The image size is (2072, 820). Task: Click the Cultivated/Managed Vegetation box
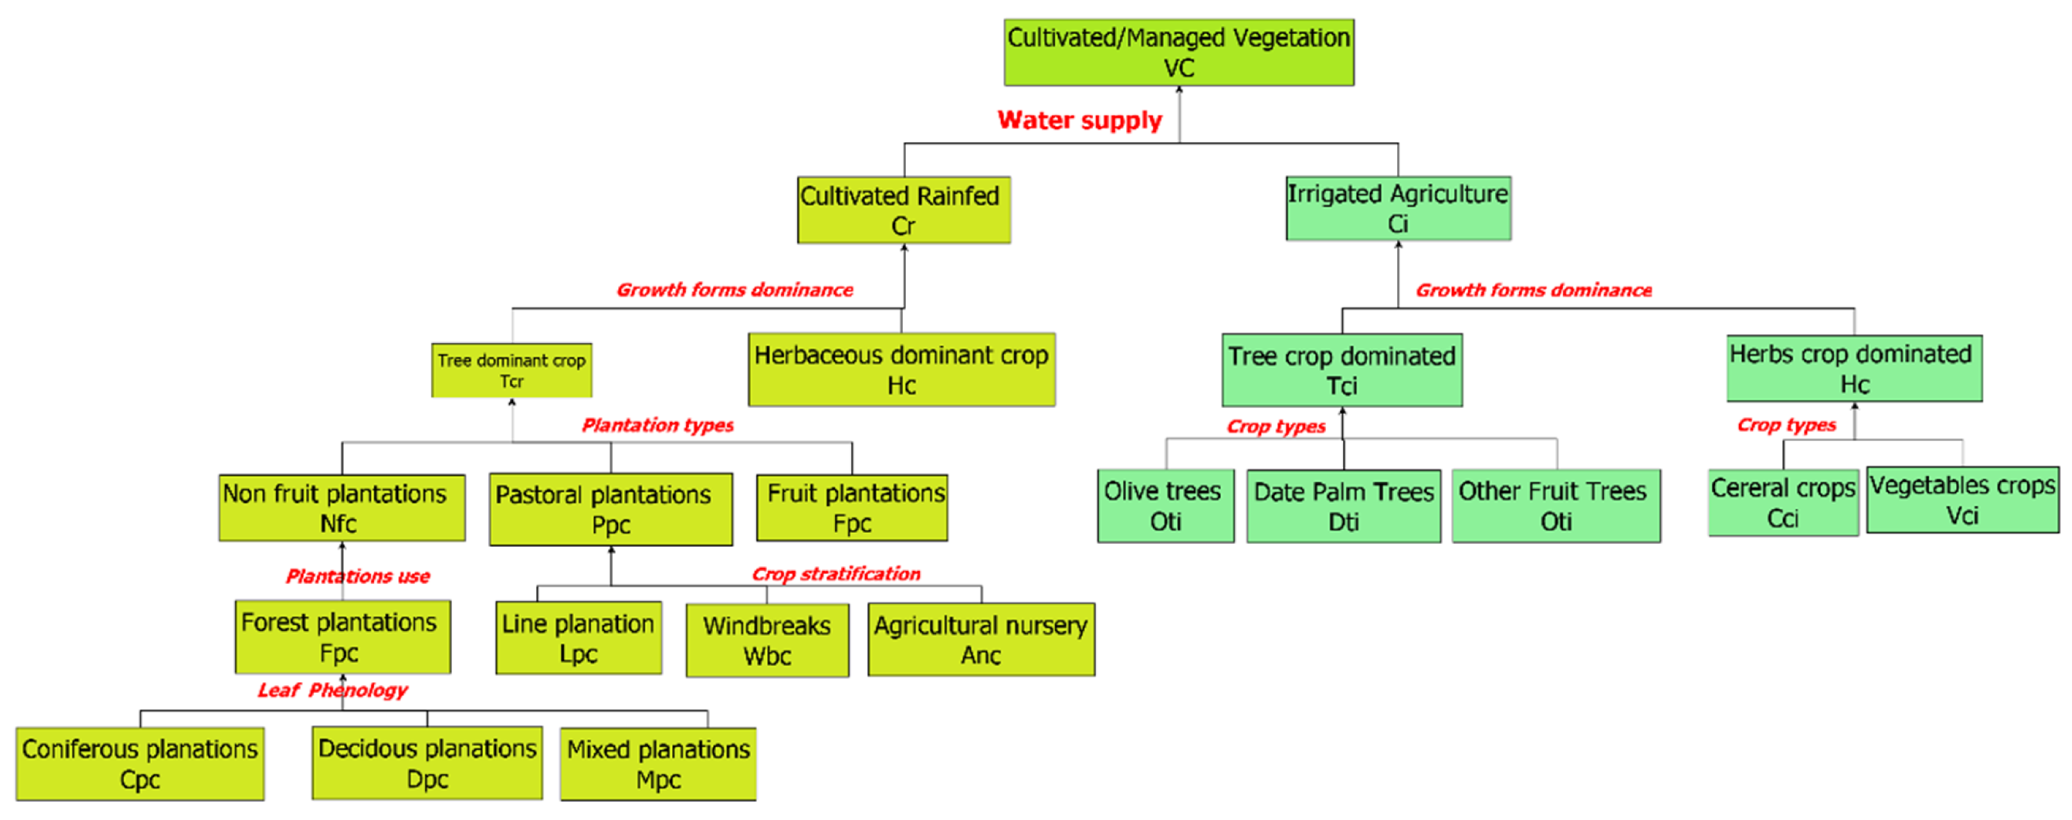point(1178,52)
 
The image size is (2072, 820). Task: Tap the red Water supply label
point(1079,120)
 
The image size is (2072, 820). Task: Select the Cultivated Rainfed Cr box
point(903,210)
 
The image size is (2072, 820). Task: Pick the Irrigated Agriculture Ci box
point(1398,209)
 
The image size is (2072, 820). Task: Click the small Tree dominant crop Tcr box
point(511,370)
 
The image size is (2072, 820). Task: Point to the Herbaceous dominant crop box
point(902,369)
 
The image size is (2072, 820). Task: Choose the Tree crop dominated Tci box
point(1342,370)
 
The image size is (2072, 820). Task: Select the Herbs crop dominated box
point(1854,369)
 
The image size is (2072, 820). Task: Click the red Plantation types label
point(657,425)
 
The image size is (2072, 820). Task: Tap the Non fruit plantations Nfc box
point(341,508)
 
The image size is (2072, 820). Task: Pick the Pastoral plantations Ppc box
point(610,509)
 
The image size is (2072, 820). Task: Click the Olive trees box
point(1165,506)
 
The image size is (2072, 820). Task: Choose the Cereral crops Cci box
point(1783,503)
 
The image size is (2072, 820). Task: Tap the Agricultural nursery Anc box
point(980,640)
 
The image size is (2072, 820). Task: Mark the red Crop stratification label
point(835,574)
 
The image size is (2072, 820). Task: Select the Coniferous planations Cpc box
point(140,763)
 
